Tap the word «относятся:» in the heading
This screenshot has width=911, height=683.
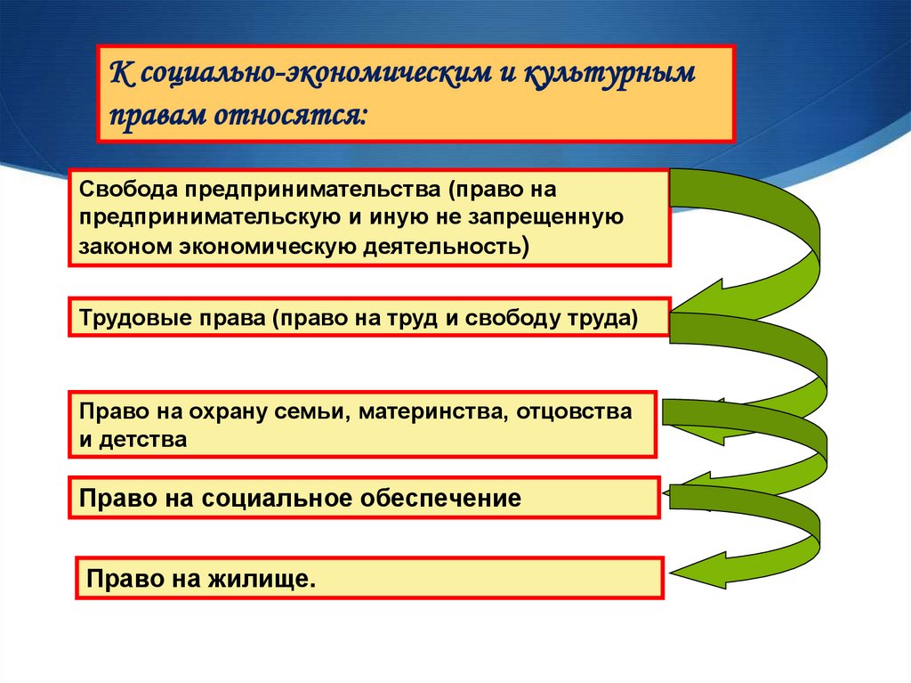click(x=291, y=115)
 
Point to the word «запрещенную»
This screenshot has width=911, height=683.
click(x=545, y=217)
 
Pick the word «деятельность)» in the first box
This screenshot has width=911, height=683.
click(x=447, y=247)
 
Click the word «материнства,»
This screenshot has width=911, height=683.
click(x=433, y=412)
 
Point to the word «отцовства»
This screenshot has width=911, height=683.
click(x=574, y=411)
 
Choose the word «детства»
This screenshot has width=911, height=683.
click(x=143, y=439)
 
